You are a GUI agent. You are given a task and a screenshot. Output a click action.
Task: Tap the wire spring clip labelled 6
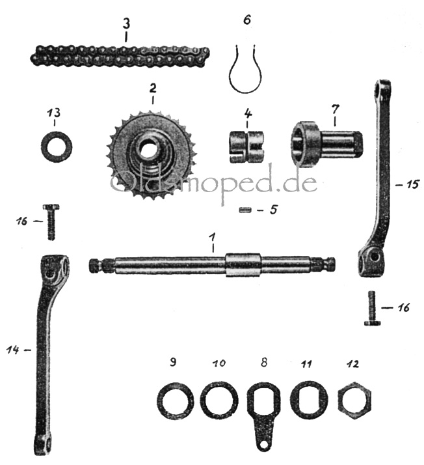pos(246,69)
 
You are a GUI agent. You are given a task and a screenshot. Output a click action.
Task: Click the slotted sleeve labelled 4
pos(246,147)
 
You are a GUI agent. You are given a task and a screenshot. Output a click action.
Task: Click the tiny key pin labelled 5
pos(245,210)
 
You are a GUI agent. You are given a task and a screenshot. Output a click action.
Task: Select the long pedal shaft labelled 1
pos(212,264)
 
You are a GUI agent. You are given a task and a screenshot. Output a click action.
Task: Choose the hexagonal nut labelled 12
pos(354,401)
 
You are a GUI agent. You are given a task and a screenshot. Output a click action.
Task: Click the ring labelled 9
pos(176,401)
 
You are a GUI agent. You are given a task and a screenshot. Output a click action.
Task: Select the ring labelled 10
pos(219,399)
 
